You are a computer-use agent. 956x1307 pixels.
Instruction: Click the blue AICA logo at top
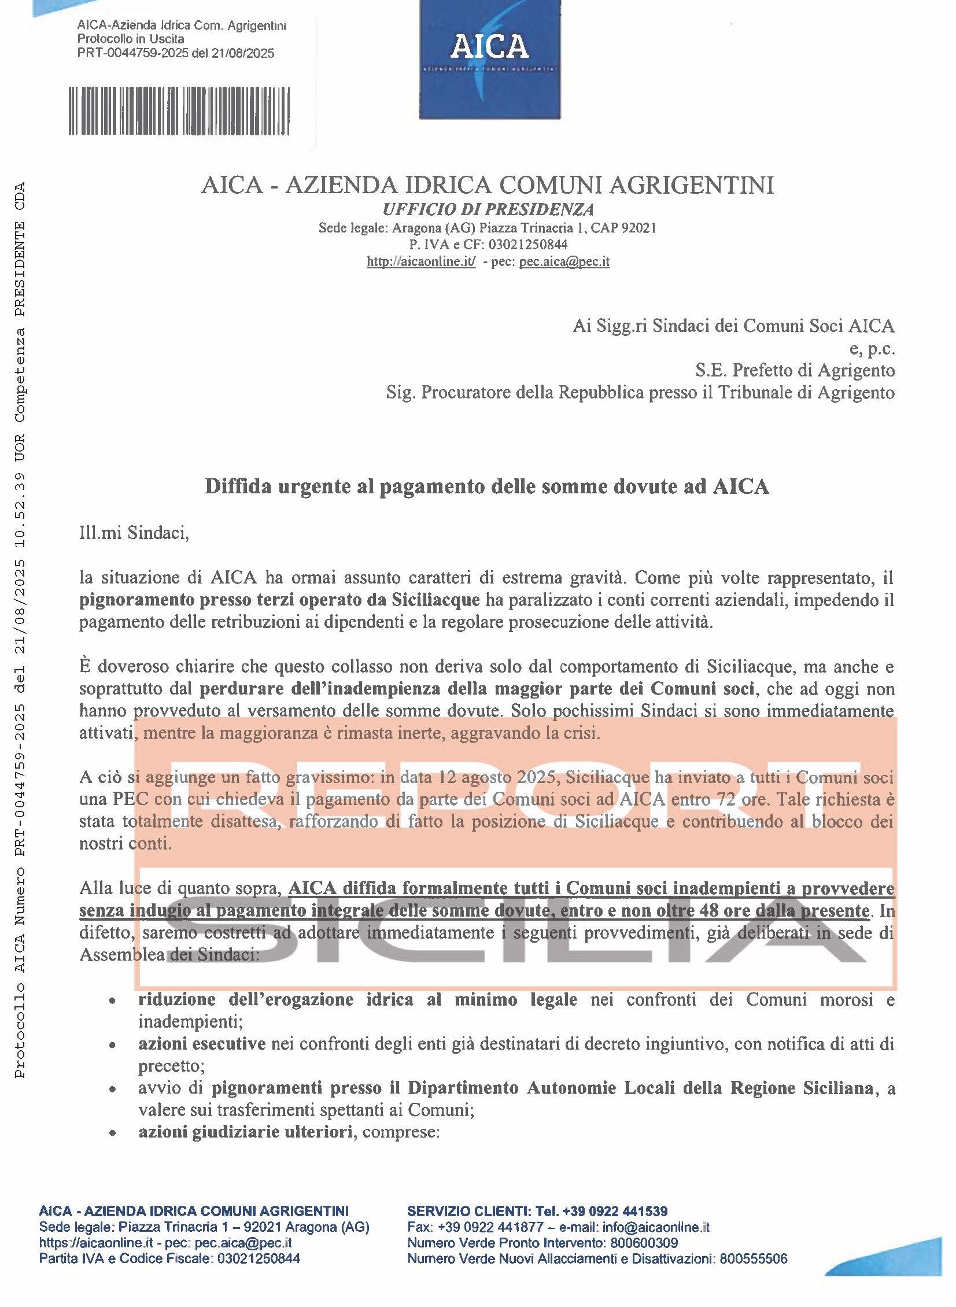click(490, 58)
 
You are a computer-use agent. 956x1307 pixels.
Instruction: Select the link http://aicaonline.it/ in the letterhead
click(420, 261)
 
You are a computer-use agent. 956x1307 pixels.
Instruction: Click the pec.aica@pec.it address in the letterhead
click(564, 261)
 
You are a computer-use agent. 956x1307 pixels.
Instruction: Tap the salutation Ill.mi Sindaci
click(134, 532)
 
